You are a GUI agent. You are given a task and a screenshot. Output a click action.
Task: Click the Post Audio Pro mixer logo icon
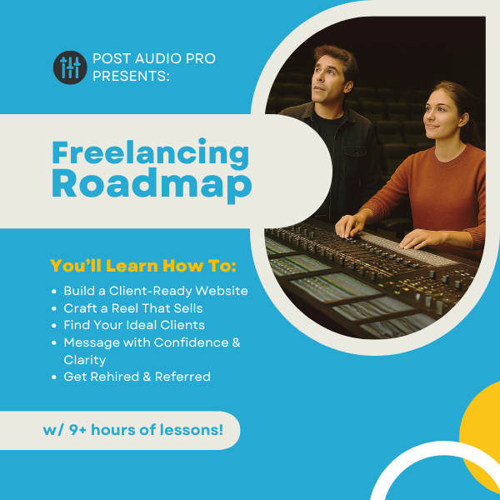pyautogui.click(x=70, y=67)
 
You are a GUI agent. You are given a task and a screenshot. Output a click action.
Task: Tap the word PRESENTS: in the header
pyautogui.click(x=131, y=76)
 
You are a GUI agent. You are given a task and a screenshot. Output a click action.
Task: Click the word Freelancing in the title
pyautogui.click(x=150, y=153)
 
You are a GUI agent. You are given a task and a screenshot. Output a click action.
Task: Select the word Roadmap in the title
pyautogui.click(x=152, y=186)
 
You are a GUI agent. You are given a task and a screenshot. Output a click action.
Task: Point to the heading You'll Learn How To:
pyautogui.click(x=143, y=266)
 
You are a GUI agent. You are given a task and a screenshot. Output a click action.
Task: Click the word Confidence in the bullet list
pyautogui.click(x=191, y=342)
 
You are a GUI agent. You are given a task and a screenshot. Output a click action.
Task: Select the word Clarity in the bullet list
pyautogui.click(x=84, y=360)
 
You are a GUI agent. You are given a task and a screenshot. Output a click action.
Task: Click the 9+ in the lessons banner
pyautogui.click(x=77, y=430)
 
